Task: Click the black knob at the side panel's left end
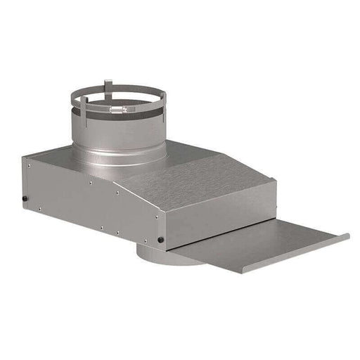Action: (26, 198)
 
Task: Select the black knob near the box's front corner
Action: (161, 240)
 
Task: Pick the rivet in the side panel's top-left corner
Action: (29, 166)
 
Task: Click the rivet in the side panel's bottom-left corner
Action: (39, 209)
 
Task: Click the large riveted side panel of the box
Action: (91, 204)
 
